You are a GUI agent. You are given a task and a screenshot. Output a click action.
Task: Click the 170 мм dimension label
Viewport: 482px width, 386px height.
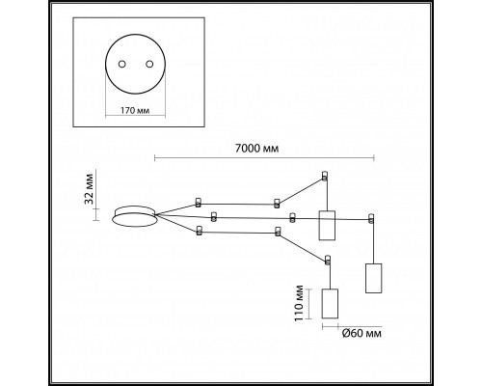[135, 111]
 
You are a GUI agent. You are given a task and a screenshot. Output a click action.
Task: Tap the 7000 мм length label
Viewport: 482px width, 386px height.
[257, 149]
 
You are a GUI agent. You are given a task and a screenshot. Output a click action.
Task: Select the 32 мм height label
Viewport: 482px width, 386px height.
[89, 189]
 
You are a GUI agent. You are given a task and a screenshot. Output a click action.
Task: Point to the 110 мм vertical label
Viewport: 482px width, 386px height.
[299, 303]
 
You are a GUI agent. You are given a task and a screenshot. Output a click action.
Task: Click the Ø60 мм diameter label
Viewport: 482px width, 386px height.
[361, 333]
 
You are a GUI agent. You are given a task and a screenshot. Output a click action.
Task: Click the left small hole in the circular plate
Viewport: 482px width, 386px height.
[121, 64]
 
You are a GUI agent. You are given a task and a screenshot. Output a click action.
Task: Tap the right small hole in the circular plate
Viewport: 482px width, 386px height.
[149, 64]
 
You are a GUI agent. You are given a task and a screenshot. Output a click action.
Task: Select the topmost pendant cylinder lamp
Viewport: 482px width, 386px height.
[327, 225]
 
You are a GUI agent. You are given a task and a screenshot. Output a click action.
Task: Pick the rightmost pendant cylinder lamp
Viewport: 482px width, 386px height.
[374, 278]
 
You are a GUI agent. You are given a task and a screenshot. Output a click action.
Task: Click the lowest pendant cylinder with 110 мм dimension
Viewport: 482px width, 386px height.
[330, 303]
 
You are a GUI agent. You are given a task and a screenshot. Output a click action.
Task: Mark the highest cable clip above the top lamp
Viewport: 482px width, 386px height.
[325, 176]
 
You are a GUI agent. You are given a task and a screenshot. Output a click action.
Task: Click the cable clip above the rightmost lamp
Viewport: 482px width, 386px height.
[371, 218]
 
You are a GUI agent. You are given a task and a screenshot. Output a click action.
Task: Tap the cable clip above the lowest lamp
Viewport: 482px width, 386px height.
[328, 260]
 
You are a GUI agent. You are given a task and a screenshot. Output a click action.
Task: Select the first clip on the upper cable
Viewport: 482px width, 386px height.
[199, 203]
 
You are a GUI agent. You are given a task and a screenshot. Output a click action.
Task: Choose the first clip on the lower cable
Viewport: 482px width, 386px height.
[200, 231]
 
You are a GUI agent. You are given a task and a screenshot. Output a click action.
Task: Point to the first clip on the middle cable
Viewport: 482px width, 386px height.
[214, 216]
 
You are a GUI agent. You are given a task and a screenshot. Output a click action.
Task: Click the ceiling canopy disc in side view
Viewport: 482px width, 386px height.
[135, 216]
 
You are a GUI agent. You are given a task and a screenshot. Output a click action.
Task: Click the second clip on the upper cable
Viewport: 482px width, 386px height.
[277, 204]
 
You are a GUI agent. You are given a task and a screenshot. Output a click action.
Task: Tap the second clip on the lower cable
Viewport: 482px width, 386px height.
[279, 232]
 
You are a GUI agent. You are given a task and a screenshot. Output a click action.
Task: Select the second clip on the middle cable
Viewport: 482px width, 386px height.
[292, 218]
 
